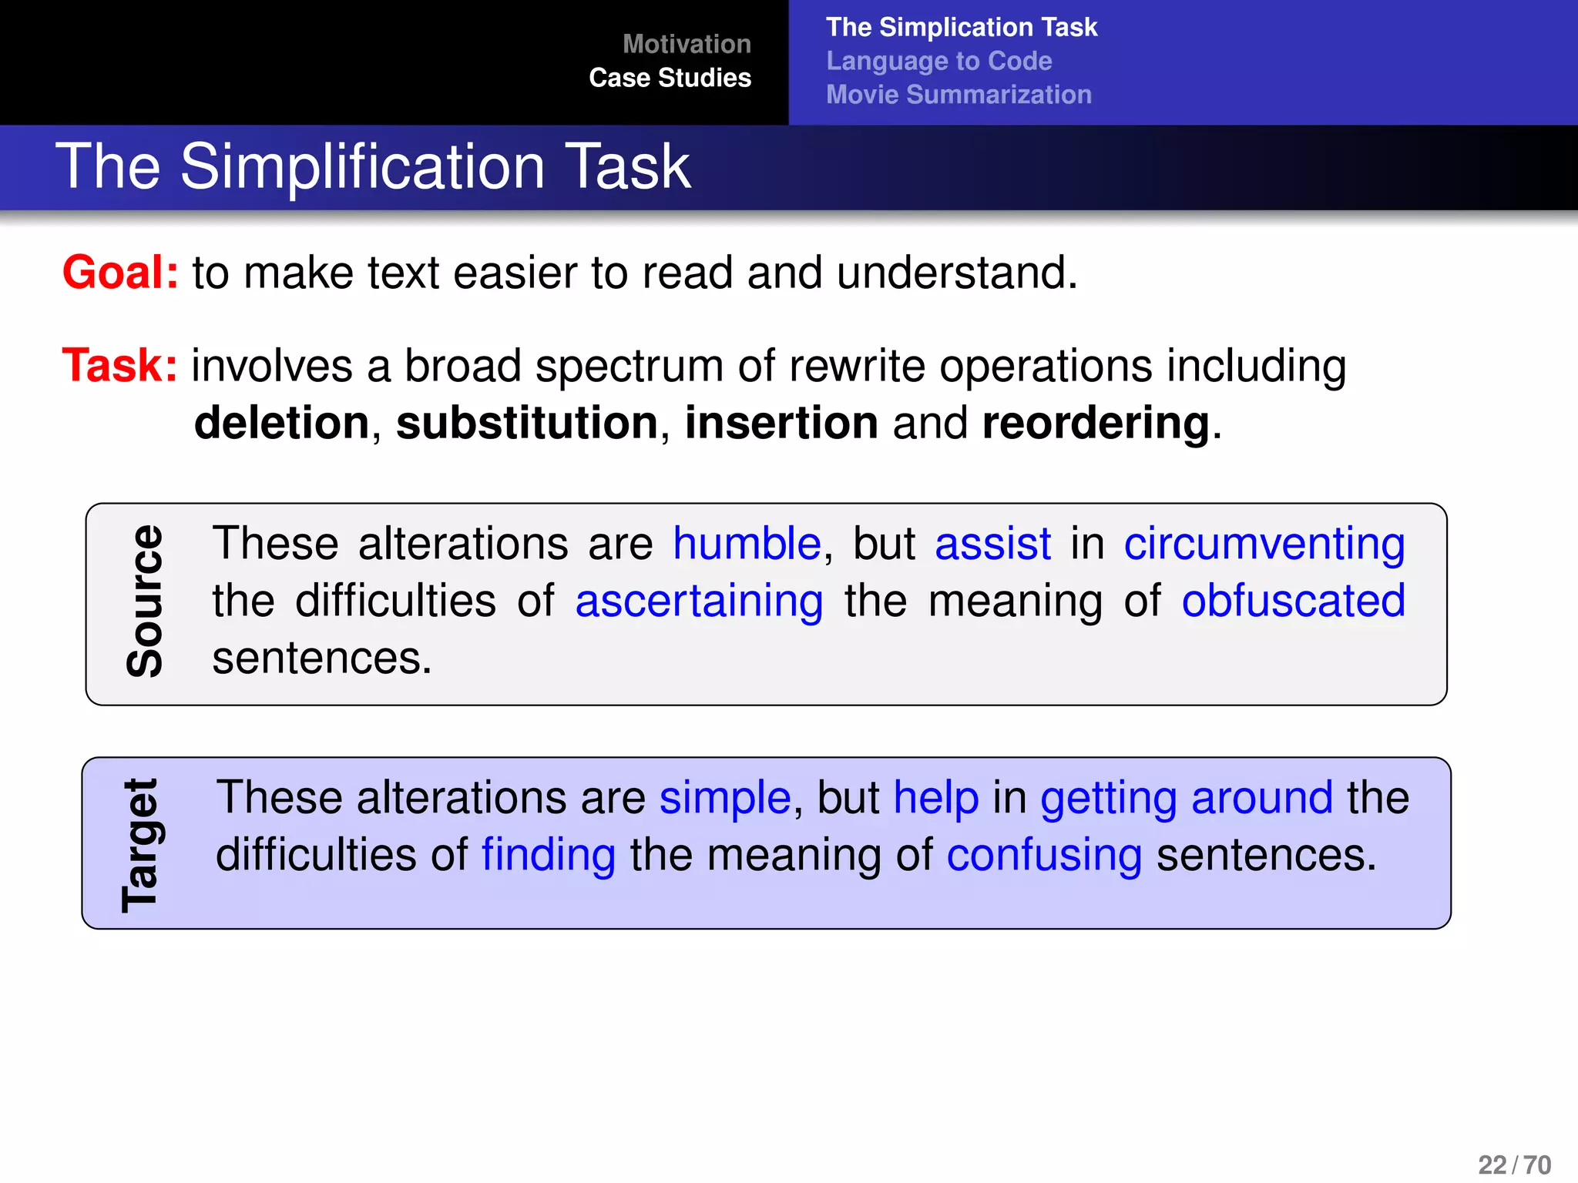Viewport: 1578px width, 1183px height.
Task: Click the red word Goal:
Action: click(120, 273)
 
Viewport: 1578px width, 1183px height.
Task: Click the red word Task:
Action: click(120, 365)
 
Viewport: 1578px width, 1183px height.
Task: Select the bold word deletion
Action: click(282, 423)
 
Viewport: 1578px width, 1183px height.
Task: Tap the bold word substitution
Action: click(527, 423)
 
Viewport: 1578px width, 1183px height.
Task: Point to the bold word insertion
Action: click(781, 423)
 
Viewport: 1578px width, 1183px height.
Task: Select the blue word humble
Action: click(747, 544)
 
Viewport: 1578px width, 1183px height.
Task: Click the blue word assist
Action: click(992, 544)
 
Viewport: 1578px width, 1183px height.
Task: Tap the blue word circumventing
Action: click(1264, 544)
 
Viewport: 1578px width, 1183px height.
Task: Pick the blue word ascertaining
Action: click(699, 602)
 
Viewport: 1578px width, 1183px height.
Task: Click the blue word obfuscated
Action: click(1293, 602)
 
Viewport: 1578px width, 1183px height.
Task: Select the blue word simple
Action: click(725, 798)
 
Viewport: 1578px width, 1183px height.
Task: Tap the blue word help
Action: click(936, 798)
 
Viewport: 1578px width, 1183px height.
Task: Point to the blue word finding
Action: click(549, 856)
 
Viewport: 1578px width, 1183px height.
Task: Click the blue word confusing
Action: click(1044, 856)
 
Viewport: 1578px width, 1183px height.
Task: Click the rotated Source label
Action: click(145, 602)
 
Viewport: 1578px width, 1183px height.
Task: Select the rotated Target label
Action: click(140, 845)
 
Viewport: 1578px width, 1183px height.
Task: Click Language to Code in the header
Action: click(938, 61)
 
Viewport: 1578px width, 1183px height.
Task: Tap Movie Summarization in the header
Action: click(959, 95)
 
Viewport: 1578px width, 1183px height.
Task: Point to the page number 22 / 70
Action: click(1514, 1165)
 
